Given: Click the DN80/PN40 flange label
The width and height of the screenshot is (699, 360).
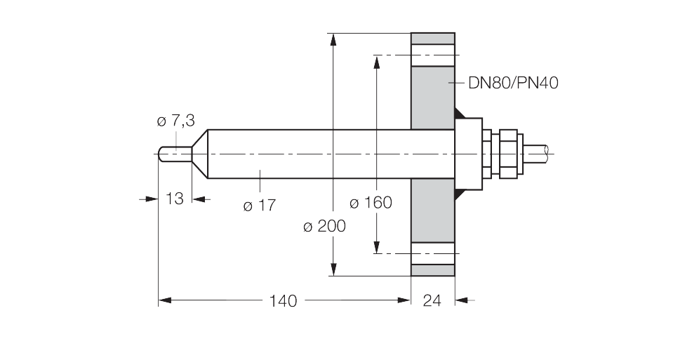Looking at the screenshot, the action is (513, 83).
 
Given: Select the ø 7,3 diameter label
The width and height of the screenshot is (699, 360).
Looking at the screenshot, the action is (176, 121).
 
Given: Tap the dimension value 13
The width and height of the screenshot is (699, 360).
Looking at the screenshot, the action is (175, 199).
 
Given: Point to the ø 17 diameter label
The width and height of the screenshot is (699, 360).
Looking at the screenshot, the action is (260, 206).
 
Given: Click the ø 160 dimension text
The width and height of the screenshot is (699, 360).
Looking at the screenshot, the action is (371, 203).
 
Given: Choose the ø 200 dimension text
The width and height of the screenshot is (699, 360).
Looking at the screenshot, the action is (324, 227).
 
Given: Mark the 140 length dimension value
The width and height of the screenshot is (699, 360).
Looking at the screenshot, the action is (283, 301).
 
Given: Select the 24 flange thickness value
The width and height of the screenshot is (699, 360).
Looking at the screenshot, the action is (432, 301).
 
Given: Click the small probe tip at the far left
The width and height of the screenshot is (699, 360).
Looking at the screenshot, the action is (175, 154).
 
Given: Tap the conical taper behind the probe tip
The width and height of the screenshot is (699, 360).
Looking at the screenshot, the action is (200, 154).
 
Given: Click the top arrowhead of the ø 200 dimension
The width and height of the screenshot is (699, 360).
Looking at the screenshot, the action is (333, 40).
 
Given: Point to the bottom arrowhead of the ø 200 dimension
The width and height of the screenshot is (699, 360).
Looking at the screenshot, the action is (333, 269).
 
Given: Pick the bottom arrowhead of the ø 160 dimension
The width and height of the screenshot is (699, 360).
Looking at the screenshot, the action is (377, 247).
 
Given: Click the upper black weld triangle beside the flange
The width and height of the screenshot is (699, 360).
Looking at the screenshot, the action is (460, 114).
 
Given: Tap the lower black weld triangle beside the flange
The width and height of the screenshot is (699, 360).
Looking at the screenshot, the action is (460, 194).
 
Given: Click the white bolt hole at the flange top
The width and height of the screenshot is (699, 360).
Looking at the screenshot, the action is (432, 55).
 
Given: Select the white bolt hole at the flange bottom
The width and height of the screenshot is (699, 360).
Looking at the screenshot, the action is (432, 253).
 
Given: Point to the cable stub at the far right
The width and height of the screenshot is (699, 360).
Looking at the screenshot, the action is (536, 154).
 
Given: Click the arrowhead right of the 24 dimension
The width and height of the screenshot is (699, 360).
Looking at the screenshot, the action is (462, 300).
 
